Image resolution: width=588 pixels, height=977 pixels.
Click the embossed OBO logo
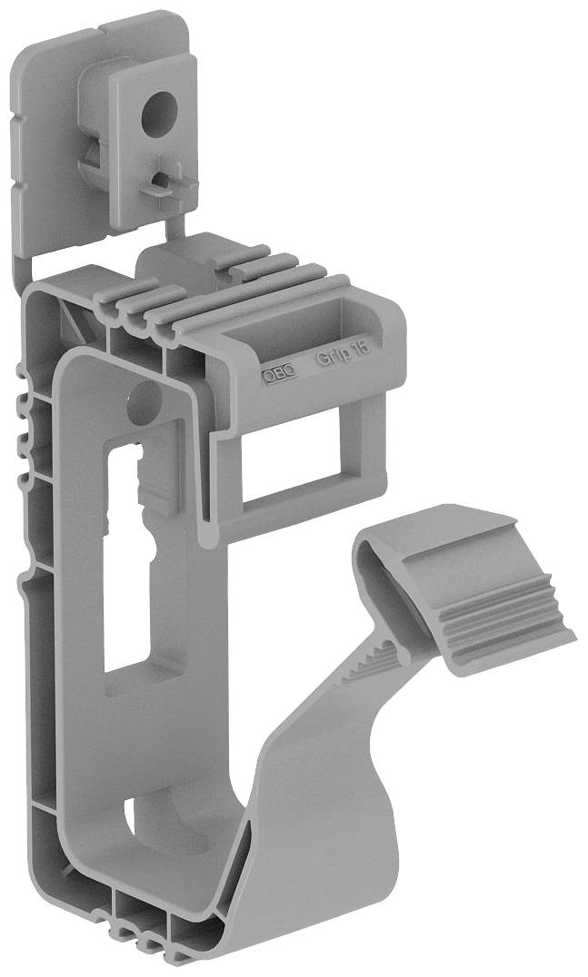[279, 374]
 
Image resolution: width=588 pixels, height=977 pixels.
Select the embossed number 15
[362, 347]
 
